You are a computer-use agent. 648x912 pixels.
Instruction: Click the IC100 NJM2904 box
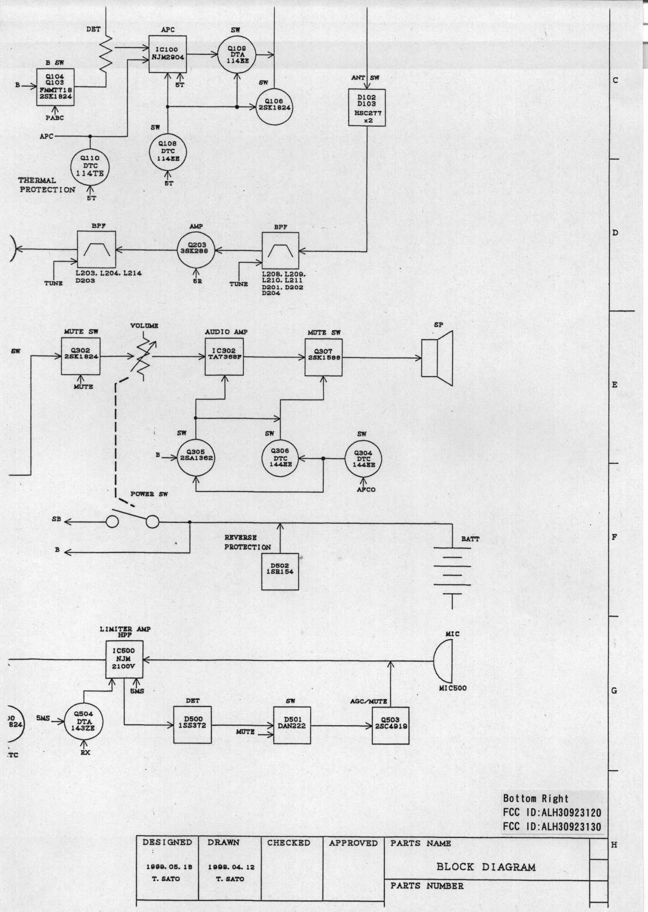click(167, 54)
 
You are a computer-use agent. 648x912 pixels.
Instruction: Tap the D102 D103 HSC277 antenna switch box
click(367, 107)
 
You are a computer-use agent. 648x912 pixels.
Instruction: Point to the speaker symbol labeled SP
click(438, 358)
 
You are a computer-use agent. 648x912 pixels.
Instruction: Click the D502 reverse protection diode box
click(280, 571)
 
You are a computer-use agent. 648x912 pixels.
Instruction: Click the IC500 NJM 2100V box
click(124, 659)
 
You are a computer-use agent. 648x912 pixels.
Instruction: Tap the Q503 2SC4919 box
click(390, 725)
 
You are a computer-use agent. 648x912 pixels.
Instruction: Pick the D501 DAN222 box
click(292, 725)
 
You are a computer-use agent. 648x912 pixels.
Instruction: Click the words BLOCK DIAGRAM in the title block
click(486, 867)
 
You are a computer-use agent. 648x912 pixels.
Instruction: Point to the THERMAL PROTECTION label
click(46, 185)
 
